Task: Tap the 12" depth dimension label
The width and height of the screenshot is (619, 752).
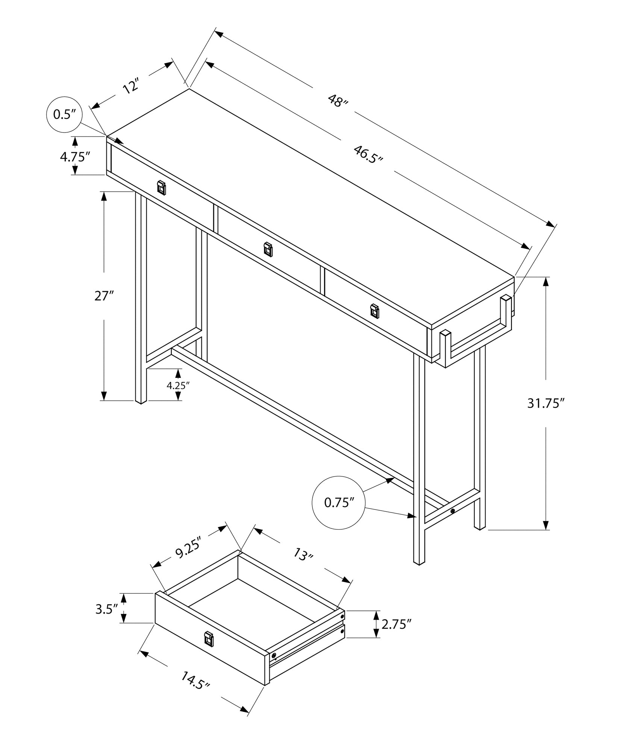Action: [x=131, y=86]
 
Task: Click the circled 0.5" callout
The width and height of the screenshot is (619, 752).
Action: [x=64, y=114]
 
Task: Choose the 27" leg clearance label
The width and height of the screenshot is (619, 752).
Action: [x=104, y=296]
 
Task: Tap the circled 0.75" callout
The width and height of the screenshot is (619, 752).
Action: [x=339, y=503]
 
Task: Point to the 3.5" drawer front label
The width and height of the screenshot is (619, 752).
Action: [x=107, y=609]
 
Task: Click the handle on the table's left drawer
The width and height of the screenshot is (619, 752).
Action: [x=161, y=187]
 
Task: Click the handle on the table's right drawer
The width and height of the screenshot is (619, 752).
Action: [x=374, y=311]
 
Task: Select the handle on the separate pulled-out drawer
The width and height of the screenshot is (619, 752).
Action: [x=209, y=640]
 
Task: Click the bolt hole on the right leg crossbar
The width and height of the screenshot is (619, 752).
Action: [x=453, y=511]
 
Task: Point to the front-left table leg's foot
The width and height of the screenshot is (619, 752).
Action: [x=141, y=401]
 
